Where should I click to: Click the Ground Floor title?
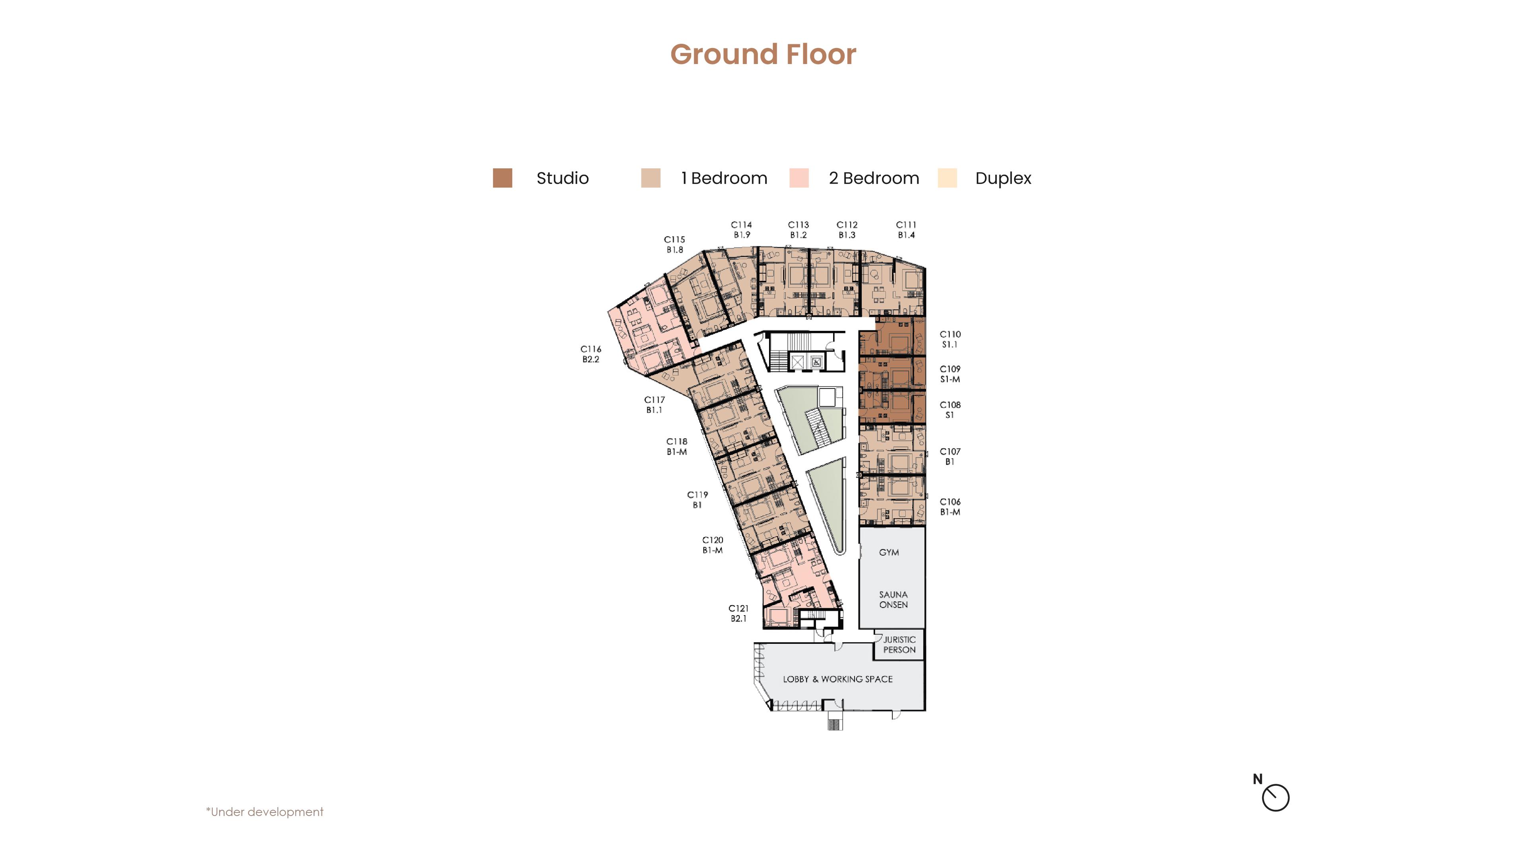pyautogui.click(x=763, y=54)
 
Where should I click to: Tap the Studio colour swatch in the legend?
pyautogui.click(x=502, y=178)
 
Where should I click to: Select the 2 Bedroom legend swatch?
pyautogui.click(x=799, y=178)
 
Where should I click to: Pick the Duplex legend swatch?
pyautogui.click(x=947, y=178)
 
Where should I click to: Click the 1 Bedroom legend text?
pyautogui.click(x=724, y=178)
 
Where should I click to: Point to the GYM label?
pyautogui.click(x=889, y=552)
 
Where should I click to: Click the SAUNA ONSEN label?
pyautogui.click(x=893, y=599)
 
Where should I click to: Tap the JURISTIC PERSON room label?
pyautogui.click(x=899, y=644)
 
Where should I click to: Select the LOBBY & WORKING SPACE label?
pyautogui.click(x=837, y=679)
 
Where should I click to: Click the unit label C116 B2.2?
pyautogui.click(x=591, y=354)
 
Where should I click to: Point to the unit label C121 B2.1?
pyautogui.click(x=738, y=613)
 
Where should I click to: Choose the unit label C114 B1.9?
pyautogui.click(x=741, y=229)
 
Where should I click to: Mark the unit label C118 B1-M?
pyautogui.click(x=676, y=446)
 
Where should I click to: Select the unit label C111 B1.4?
pyautogui.click(x=906, y=229)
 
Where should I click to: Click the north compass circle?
pyautogui.click(x=1276, y=797)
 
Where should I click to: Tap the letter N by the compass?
pyautogui.click(x=1257, y=779)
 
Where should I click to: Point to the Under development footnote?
pyautogui.click(x=264, y=812)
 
